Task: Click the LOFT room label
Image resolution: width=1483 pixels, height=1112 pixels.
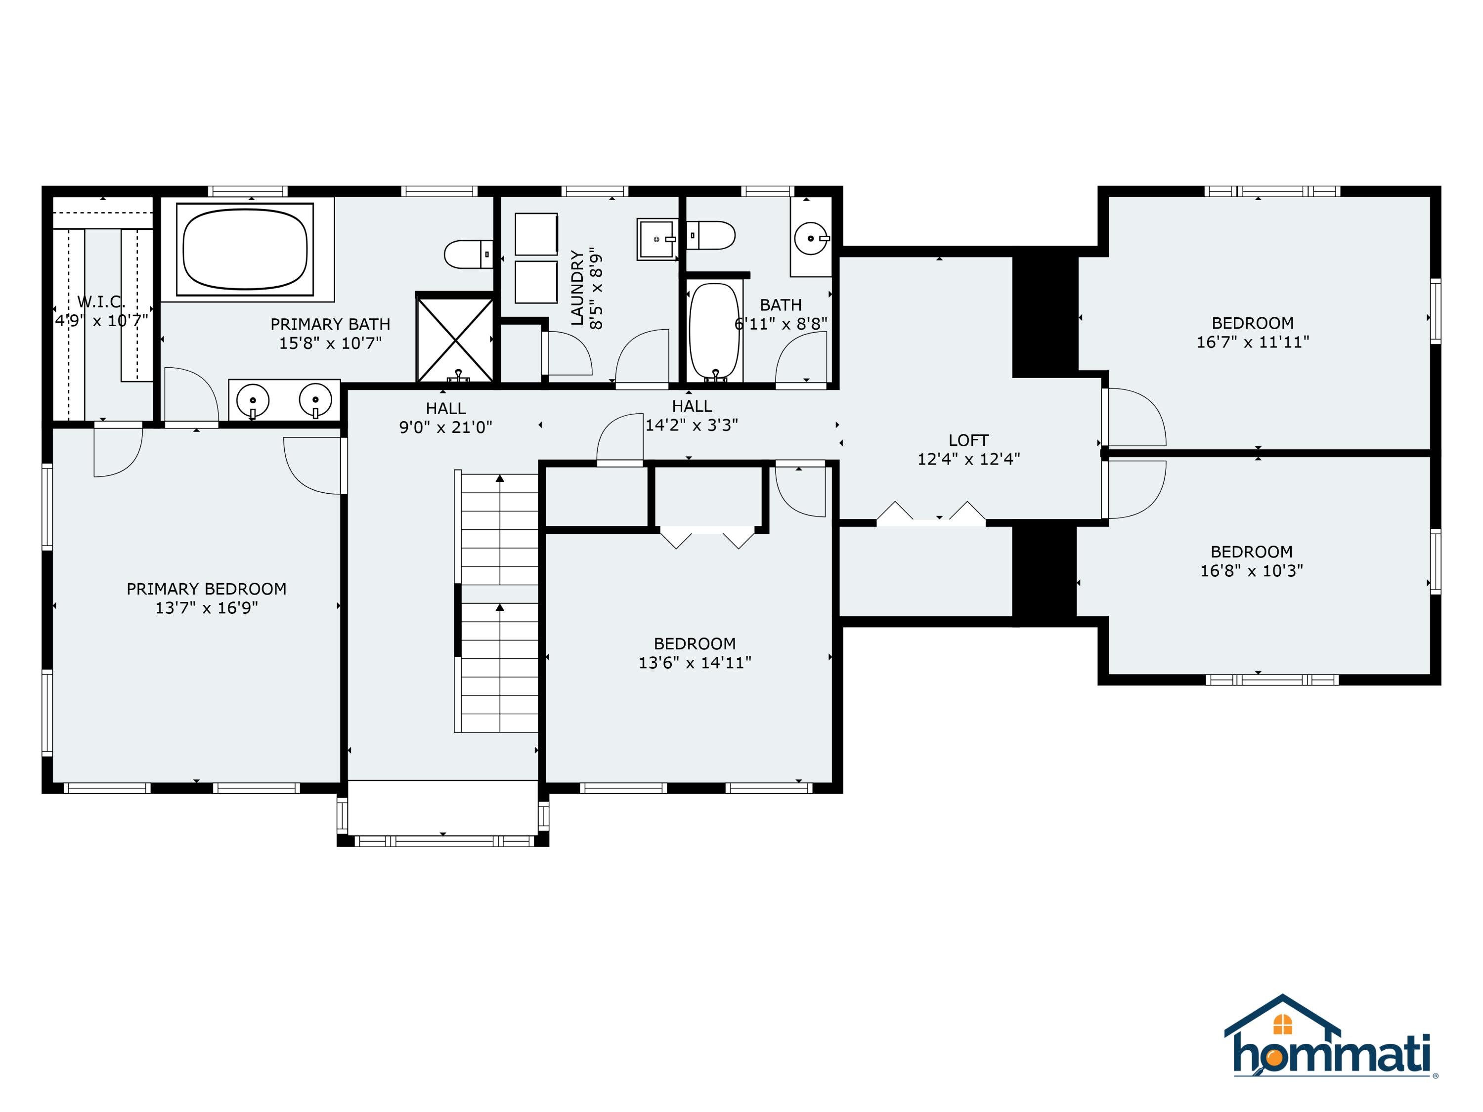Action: [968, 440]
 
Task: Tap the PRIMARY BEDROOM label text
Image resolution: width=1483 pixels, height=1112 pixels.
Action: [207, 589]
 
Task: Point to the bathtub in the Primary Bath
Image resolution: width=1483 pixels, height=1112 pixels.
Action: [245, 250]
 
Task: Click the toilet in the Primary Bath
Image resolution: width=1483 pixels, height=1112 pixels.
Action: [469, 255]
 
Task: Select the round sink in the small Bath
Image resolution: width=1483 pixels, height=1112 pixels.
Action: [811, 238]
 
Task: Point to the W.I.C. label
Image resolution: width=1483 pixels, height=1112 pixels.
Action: [101, 302]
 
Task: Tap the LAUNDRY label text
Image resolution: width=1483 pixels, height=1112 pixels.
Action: [576, 288]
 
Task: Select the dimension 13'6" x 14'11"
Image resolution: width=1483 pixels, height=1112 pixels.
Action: [695, 662]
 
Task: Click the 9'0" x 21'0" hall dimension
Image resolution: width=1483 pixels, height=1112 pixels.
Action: [446, 427]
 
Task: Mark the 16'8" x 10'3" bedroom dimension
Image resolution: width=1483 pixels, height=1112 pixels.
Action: [1252, 570]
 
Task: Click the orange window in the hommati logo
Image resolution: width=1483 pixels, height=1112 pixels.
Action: [1282, 1024]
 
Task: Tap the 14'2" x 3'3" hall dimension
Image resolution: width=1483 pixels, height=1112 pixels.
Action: [692, 425]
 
